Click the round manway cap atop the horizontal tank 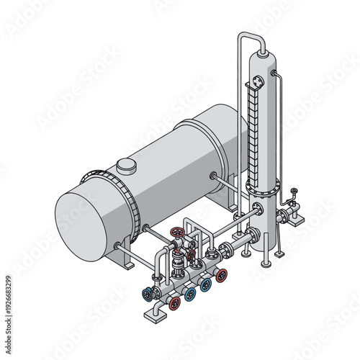[x=127, y=166]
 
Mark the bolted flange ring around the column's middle [x=261, y=189]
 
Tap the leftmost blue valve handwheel [x=149, y=294]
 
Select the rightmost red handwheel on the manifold [x=222, y=274]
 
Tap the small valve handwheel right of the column [x=294, y=192]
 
